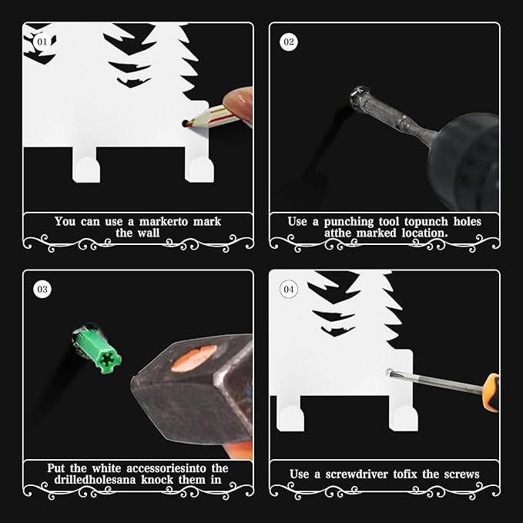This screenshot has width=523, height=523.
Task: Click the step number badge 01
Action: [x=42, y=42]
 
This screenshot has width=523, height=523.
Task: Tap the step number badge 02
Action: [x=289, y=42]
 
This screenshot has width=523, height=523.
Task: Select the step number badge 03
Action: [x=42, y=289]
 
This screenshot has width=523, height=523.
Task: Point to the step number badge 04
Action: [x=289, y=289]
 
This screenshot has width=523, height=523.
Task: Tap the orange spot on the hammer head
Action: [x=194, y=358]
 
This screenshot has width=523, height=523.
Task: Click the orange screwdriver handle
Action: [x=491, y=392]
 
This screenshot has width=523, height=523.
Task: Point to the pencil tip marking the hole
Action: [x=186, y=123]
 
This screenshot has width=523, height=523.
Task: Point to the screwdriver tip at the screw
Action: [x=389, y=372]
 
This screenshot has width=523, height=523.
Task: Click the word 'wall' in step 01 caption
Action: [x=148, y=233]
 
